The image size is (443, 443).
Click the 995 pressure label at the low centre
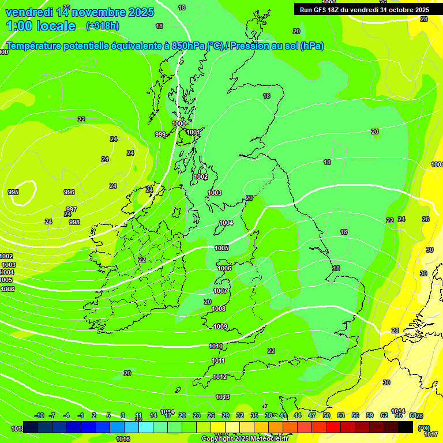[13, 192]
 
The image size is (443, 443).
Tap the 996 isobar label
[69, 193]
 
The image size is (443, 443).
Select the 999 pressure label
[160, 134]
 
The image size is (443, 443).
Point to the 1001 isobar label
[194, 133]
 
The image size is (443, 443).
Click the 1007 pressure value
[220, 291]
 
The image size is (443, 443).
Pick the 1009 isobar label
[220, 327]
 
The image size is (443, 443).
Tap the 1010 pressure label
[216, 347]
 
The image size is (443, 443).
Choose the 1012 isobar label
[220, 377]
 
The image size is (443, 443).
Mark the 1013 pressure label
[223, 397]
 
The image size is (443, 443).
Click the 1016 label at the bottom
[122, 439]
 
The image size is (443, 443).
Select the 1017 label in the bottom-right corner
[431, 434]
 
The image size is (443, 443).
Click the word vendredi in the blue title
[29, 12]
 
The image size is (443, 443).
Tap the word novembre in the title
[99, 12]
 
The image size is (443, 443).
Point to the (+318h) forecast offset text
[103, 26]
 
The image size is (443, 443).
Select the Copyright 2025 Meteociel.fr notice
[245, 439]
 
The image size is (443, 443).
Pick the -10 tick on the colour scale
[39, 416]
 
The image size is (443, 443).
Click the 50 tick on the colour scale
[326, 416]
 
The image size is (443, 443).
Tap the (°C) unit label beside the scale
[424, 429]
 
